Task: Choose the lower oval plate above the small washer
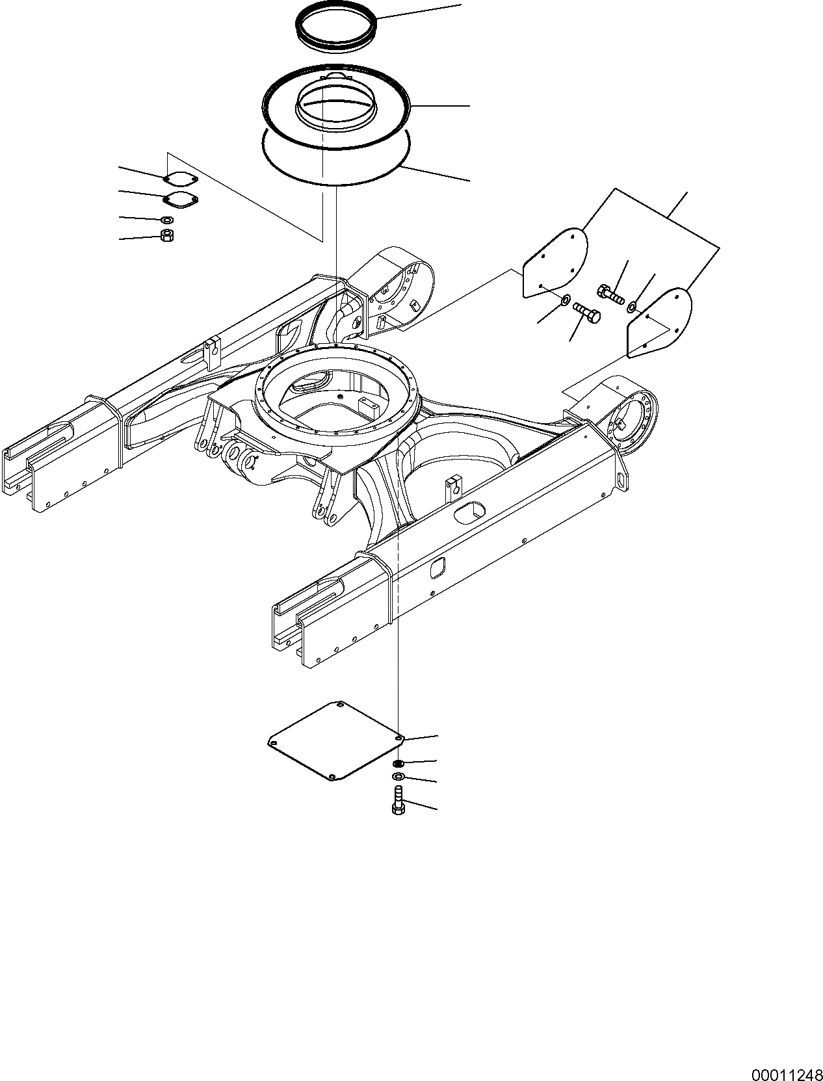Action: (181, 201)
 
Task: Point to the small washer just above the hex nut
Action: (166, 220)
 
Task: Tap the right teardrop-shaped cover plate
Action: (658, 323)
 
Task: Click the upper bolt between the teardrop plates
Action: (609, 294)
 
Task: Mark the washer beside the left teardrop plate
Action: (566, 300)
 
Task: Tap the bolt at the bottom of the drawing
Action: (397, 799)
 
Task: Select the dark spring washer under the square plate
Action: (398, 763)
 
